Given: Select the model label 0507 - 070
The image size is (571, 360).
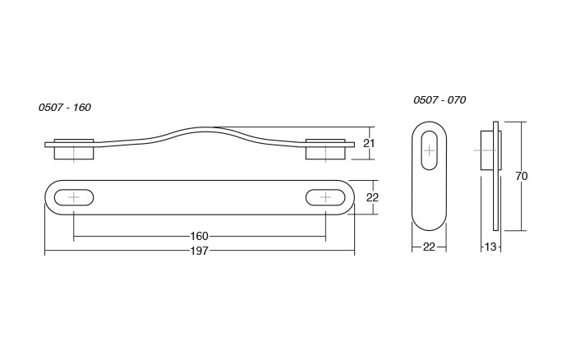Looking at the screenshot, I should (440, 99).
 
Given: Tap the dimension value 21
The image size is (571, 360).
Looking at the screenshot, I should (370, 143).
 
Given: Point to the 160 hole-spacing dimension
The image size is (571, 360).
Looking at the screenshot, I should (199, 238).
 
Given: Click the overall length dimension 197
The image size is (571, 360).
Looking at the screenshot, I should (199, 251).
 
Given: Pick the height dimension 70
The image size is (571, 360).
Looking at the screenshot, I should (521, 176).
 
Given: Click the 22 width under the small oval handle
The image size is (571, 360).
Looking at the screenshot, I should (429, 247).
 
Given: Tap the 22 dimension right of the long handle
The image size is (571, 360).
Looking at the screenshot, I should (371, 197).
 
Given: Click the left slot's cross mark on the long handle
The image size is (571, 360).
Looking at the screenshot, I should (75, 197).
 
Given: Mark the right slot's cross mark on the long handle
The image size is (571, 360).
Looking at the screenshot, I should (325, 197).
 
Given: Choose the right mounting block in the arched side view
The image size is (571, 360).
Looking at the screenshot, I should (325, 151).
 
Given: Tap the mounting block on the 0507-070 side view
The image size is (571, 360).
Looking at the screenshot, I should (486, 151).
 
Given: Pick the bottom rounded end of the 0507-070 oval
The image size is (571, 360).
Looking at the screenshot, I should (429, 225).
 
